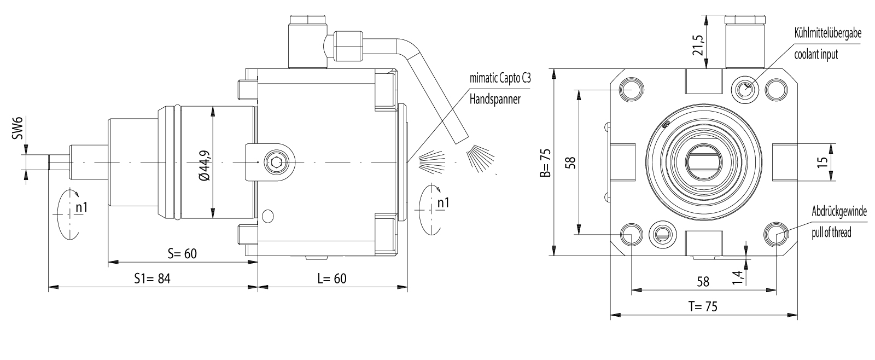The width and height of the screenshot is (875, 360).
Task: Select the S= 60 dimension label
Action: coord(182,253)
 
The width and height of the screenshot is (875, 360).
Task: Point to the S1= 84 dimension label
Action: coord(153,278)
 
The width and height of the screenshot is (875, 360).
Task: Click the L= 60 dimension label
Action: coord(331,278)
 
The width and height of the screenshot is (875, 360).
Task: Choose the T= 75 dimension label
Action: coord(703,307)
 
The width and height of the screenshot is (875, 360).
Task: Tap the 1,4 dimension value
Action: coord(738,277)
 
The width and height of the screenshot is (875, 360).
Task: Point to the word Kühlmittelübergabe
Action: coord(828,33)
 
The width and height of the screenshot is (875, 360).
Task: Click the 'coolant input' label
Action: coord(816,54)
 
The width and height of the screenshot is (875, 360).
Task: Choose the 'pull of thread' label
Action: coord(831,233)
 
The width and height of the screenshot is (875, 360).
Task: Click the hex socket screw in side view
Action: coord(276,162)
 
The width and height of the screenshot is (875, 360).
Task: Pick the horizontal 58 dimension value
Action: coord(703,282)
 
